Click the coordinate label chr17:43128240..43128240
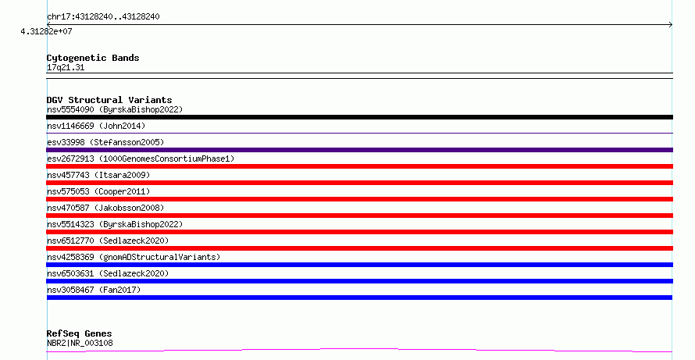pyautogui.click(x=103, y=17)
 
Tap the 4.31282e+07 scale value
pyautogui.click(x=46, y=31)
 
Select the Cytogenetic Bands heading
pyautogui.click(x=93, y=58)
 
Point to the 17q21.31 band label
pyautogui.click(x=66, y=67)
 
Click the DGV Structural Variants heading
pyautogui.click(x=109, y=100)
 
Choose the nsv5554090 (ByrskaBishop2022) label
pyautogui.click(x=115, y=109)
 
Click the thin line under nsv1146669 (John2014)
pyautogui.click(x=359, y=133)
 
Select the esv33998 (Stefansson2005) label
pyautogui.click(x=105, y=142)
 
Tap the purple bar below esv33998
pyautogui.click(x=359, y=150)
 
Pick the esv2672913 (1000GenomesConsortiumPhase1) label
pyautogui.click(x=141, y=159)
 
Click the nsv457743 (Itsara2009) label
pyautogui.click(x=98, y=175)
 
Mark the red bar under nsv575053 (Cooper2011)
pyautogui.click(x=359, y=199)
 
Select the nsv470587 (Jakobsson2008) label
pyautogui.click(x=105, y=208)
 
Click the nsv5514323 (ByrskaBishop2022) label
pyautogui.click(x=115, y=224)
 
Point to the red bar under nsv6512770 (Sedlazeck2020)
pyautogui.click(x=359, y=248)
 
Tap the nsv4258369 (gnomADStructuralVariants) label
pyautogui.click(x=134, y=257)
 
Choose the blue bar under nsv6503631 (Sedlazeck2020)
pyautogui.click(x=359, y=281)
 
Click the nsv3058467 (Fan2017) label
pyautogui.click(x=94, y=290)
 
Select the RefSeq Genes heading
pyautogui.click(x=79, y=333)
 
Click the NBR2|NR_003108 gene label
pyautogui.click(x=80, y=343)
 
